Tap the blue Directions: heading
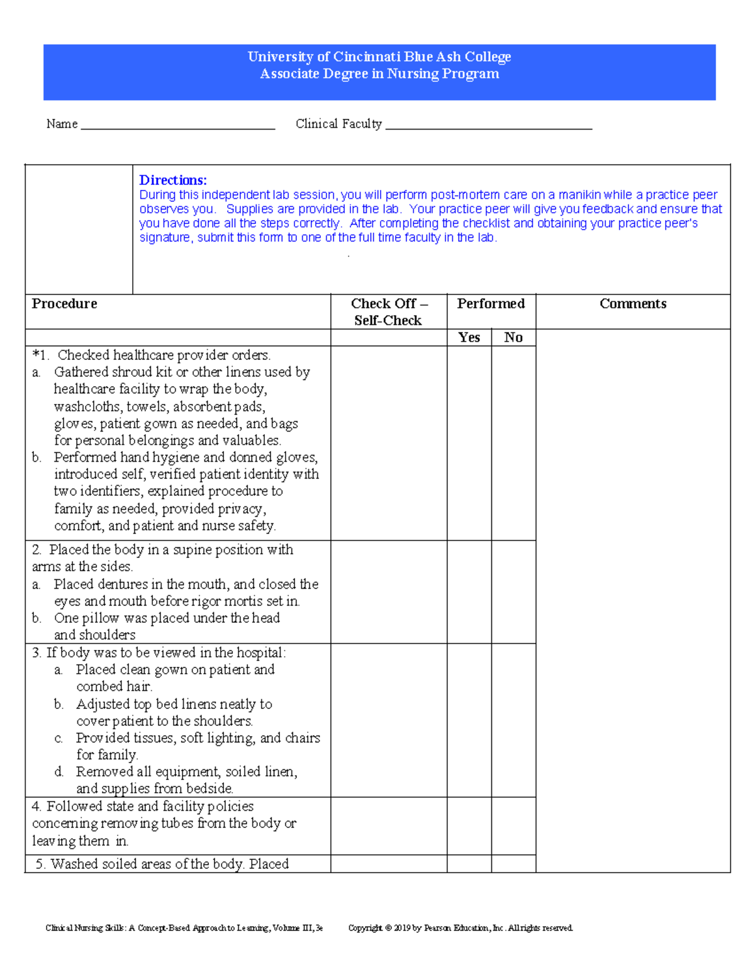[173, 181]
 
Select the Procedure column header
[65, 304]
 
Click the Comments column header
[632, 304]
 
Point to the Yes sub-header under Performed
[469, 338]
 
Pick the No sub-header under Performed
[513, 338]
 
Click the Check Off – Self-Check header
[388, 312]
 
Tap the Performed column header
[491, 304]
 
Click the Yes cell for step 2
[469, 592]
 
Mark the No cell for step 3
[513, 720]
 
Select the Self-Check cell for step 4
[388, 826]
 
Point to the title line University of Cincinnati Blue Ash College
[379, 57]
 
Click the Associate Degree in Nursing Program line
[379, 74]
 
